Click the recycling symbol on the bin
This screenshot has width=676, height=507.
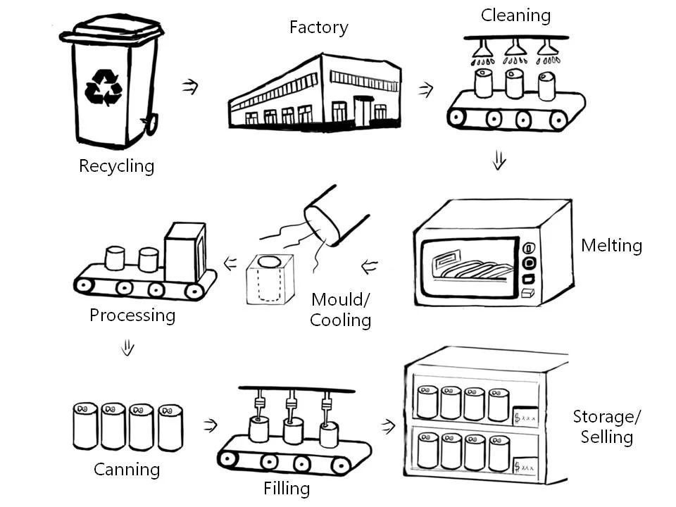[104, 87]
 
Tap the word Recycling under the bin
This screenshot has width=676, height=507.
[116, 167]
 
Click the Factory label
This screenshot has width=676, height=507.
[318, 28]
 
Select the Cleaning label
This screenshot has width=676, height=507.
[515, 15]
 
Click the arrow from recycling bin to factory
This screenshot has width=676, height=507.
[189, 87]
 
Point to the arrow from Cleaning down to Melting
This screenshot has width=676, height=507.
[499, 162]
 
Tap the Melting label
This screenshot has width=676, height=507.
[611, 246]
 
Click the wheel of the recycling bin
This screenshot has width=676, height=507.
[150, 126]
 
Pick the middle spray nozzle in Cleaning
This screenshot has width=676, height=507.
[515, 48]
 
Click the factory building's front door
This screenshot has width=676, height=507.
[363, 111]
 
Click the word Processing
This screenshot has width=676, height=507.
[132, 315]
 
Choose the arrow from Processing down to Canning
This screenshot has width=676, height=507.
[127, 348]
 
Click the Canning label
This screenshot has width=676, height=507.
[127, 469]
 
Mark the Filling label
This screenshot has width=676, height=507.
[286, 488]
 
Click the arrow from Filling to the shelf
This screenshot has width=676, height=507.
[387, 426]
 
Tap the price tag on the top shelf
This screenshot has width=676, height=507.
[525, 416]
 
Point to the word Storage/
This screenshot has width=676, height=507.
[606, 416]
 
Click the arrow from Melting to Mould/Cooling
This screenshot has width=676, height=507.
[369, 267]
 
